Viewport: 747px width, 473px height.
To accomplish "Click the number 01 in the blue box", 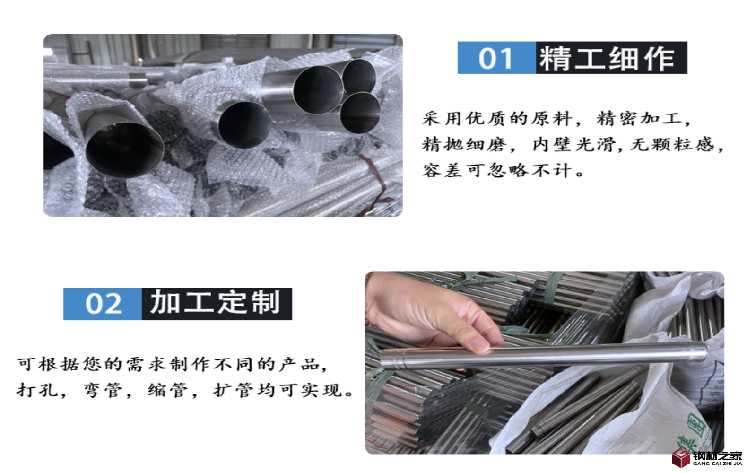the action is click(495, 58).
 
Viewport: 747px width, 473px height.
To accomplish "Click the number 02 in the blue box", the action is click(104, 304).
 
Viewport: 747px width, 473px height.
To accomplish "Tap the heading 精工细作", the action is click(607, 58).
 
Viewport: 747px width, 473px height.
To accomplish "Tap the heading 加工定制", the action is click(215, 302).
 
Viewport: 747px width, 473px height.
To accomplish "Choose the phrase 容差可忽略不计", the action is click(497, 170).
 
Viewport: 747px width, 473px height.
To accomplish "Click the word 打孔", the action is click(37, 390).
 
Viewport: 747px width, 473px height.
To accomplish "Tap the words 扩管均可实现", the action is click(278, 390).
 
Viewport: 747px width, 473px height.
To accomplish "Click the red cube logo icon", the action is click(681, 458).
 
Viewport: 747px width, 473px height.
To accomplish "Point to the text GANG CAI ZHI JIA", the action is click(717, 464).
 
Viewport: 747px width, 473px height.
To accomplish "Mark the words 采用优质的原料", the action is click(497, 119).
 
